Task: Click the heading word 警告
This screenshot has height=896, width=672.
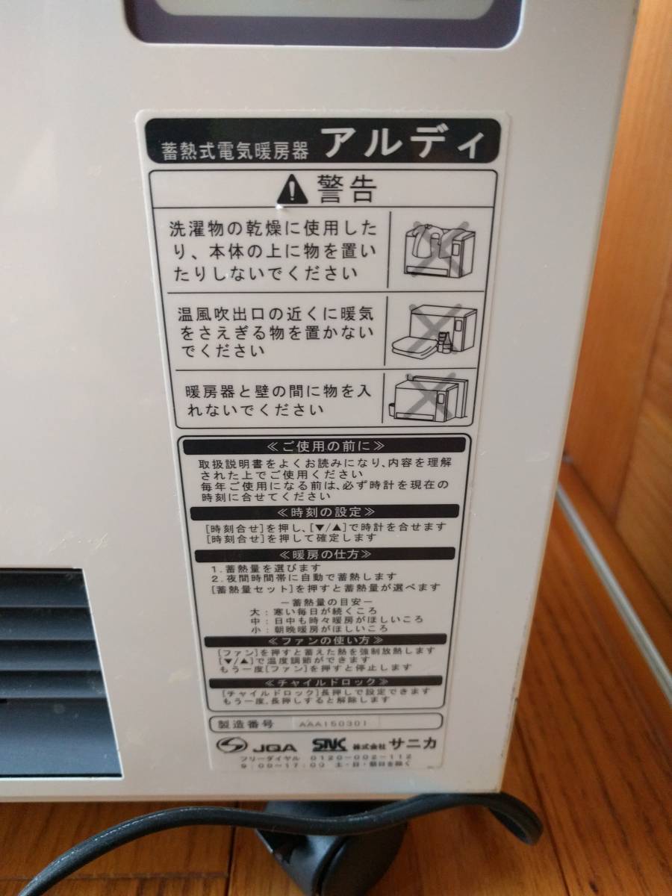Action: pos(345,188)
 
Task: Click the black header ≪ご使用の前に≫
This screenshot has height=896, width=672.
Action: pos(324,447)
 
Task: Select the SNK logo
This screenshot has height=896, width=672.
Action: pos(327,744)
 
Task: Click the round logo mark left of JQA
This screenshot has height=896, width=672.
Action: pos(230,745)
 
